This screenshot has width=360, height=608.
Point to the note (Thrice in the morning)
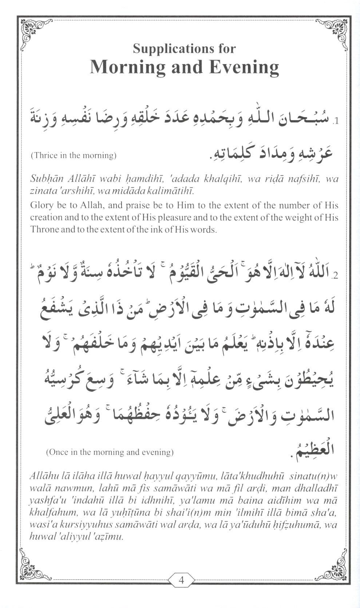pos(74,155)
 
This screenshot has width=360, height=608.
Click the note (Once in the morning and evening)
pos(110,452)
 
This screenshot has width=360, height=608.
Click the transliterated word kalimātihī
pos(173,191)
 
